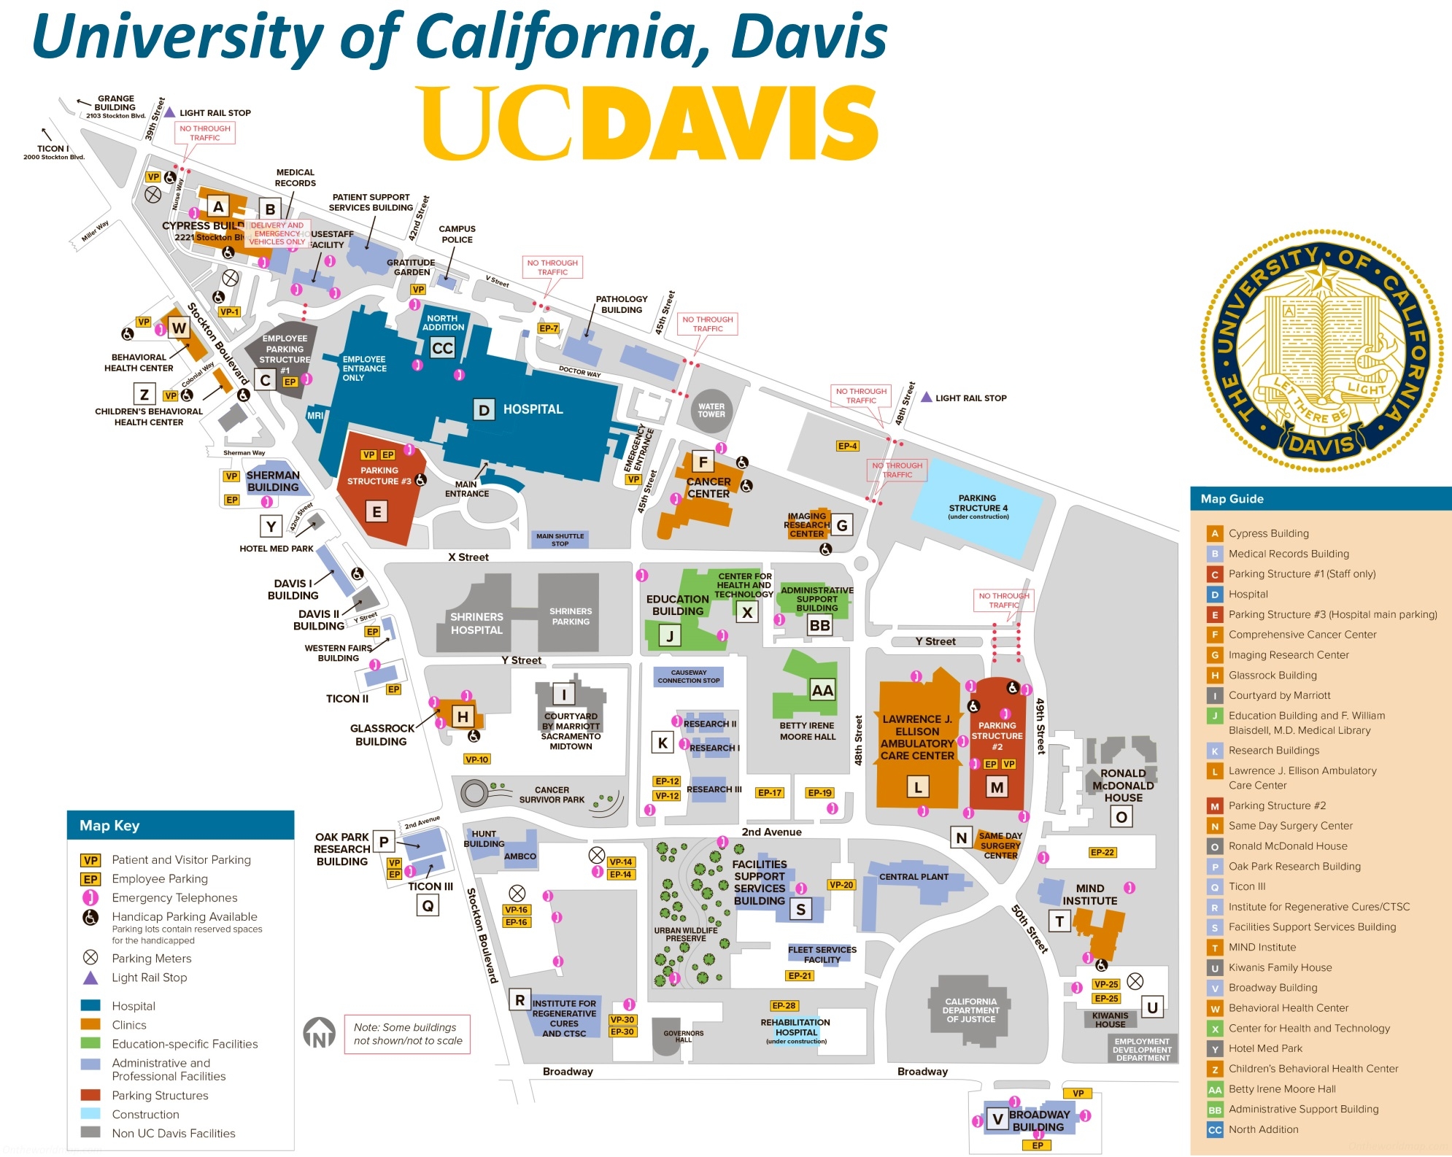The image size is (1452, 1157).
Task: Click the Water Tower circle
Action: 711,410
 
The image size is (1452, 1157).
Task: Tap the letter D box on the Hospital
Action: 484,410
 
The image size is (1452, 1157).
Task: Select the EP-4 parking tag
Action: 847,446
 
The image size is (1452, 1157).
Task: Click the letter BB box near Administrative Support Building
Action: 819,625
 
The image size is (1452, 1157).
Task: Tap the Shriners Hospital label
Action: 476,623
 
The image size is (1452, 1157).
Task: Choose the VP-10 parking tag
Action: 476,759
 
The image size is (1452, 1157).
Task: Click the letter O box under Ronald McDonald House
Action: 1121,817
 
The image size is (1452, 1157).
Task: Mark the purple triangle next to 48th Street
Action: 926,397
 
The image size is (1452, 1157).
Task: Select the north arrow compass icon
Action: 319,1033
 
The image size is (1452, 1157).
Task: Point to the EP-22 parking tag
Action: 1102,852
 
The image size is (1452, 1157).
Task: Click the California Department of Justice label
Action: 970,1010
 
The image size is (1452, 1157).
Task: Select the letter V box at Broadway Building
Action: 997,1119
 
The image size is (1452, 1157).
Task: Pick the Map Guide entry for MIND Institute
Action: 1262,947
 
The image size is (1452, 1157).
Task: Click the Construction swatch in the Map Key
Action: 90,1114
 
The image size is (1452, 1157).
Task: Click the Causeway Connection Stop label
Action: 688,676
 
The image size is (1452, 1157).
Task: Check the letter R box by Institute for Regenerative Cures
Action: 520,1000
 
